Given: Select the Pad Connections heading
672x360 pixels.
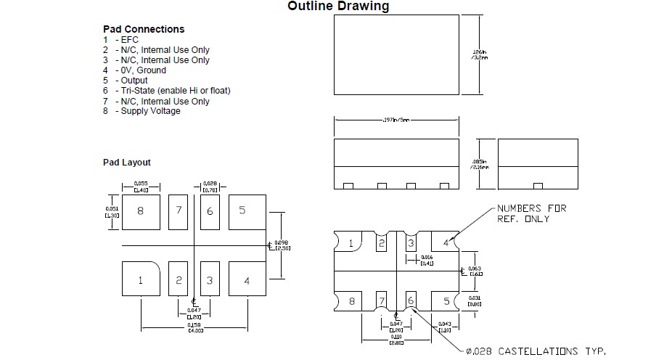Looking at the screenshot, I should (144, 29).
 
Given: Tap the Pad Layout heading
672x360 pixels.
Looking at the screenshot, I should (126, 163).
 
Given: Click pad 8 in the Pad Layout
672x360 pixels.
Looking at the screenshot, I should (141, 211).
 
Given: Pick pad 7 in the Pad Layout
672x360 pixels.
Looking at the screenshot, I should (179, 211).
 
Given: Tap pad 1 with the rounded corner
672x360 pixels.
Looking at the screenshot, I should (141, 281).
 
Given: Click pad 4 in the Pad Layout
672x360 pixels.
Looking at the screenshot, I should (247, 281).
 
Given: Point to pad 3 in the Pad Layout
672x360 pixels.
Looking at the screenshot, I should (210, 281).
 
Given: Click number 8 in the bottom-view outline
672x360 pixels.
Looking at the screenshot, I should (351, 300).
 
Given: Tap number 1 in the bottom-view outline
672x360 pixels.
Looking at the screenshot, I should (351, 243).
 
